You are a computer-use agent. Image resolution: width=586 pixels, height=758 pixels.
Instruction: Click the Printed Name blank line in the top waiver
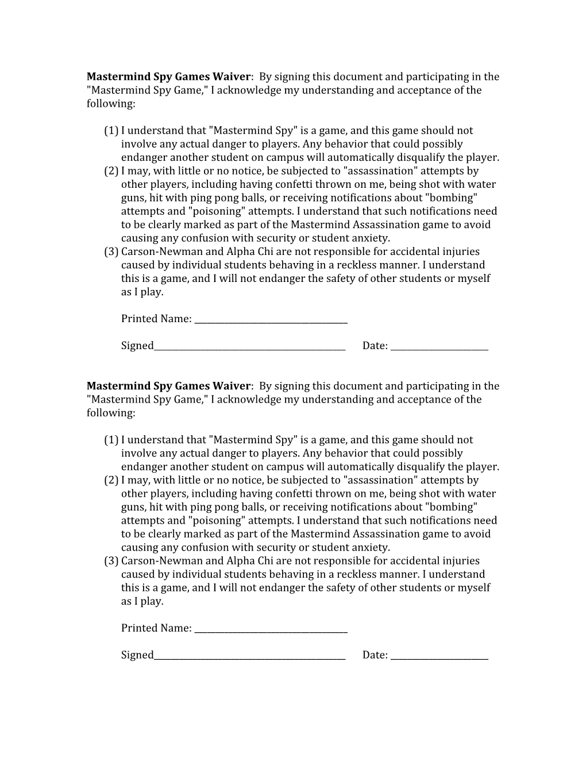[x=271, y=322]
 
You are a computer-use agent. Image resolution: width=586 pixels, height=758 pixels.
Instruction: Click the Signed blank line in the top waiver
[x=249, y=349]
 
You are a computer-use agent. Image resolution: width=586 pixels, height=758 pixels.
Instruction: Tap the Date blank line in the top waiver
[x=439, y=349]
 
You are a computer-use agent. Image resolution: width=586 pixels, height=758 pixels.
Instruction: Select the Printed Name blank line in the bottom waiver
[x=271, y=632]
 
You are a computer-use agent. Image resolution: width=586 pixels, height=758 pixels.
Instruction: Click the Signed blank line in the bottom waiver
[x=249, y=658]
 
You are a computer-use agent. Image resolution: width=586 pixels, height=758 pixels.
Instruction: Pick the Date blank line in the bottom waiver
[x=439, y=658]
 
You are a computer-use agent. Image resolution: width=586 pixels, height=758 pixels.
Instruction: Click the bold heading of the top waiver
[x=168, y=77]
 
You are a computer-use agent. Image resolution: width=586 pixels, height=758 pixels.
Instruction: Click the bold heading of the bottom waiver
[x=168, y=386]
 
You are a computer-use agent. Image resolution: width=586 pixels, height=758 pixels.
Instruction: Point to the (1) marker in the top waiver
[x=111, y=131]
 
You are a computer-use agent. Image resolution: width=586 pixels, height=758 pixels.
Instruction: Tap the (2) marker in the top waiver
[x=111, y=171]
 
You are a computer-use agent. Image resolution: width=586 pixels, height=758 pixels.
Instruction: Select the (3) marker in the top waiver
[x=111, y=252]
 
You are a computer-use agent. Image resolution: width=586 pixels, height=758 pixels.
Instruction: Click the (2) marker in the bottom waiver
[x=111, y=481]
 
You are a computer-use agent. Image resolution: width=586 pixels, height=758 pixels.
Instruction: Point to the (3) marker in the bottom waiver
[x=111, y=561]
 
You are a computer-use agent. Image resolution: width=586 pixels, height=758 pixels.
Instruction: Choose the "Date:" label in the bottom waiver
[x=375, y=655]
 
